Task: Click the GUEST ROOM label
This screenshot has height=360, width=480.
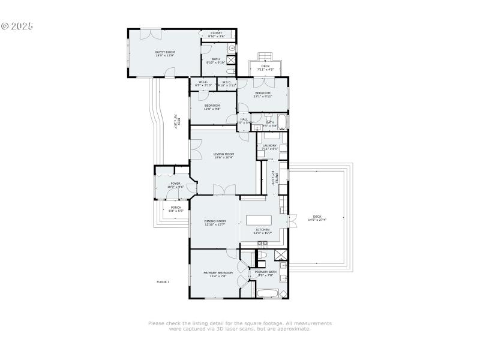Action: (x=165, y=52)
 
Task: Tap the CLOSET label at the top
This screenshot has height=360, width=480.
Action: (x=216, y=33)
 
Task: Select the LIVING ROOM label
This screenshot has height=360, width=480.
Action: (x=224, y=154)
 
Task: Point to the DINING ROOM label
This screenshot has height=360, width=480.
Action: (x=215, y=221)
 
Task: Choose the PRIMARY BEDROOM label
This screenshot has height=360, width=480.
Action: (x=217, y=272)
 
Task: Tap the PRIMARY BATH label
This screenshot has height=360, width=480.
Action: (x=265, y=272)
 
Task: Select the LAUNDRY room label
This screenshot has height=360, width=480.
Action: (x=269, y=145)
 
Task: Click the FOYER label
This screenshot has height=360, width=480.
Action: (x=175, y=184)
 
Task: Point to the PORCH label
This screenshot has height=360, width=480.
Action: (x=175, y=208)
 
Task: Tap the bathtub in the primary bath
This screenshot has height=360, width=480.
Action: (x=268, y=293)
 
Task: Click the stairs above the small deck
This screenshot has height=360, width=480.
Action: (x=262, y=56)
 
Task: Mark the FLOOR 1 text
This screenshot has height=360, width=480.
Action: (x=163, y=281)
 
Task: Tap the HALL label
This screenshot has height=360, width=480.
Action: (x=244, y=119)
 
